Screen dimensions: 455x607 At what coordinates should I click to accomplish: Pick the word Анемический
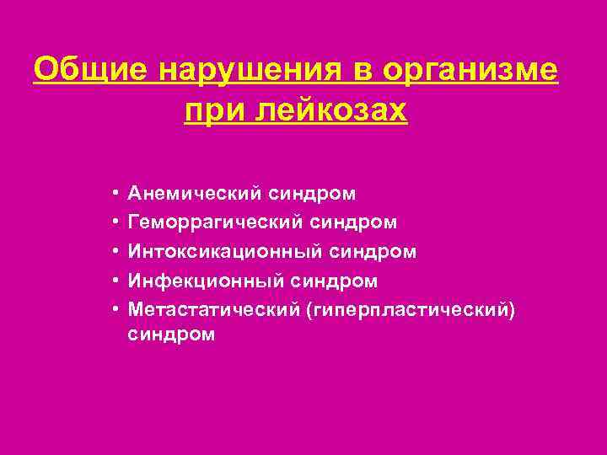tap(195, 195)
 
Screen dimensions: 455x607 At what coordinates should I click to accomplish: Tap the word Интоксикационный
tap(224, 252)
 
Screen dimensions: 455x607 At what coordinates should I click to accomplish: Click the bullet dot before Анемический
tap(113, 195)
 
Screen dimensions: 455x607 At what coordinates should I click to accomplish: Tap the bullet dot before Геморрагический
tap(113, 223)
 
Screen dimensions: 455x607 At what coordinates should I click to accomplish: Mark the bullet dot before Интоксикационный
tap(113, 252)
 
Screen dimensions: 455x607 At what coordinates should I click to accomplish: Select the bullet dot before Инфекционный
tap(113, 281)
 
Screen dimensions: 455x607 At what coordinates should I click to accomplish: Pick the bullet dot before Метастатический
tap(113, 309)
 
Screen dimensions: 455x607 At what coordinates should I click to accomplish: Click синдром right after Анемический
tap(312, 195)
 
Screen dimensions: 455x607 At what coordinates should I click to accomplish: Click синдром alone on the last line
tap(171, 335)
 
